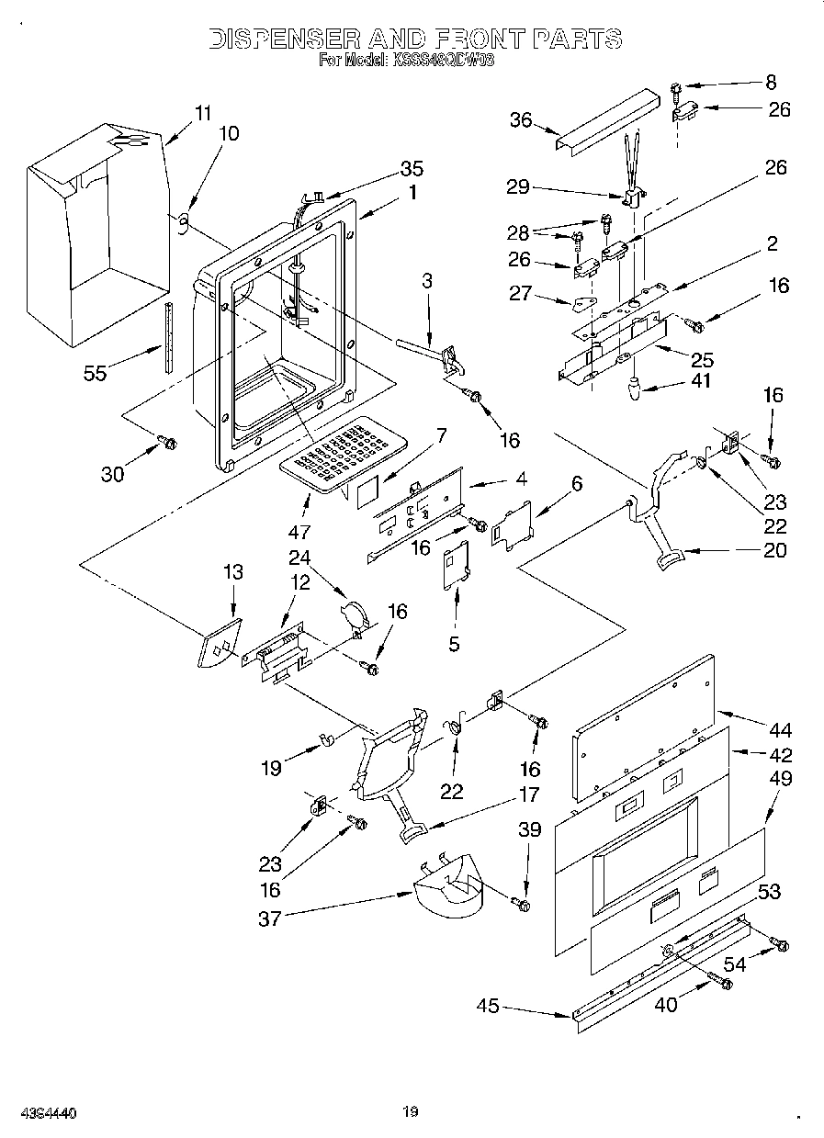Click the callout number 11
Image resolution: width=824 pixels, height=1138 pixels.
pyautogui.click(x=202, y=114)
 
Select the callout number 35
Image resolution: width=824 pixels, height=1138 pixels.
pyautogui.click(x=412, y=169)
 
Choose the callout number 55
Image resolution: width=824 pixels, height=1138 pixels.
pyautogui.click(x=95, y=372)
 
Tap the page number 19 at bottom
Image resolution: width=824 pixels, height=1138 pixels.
pyautogui.click(x=411, y=1112)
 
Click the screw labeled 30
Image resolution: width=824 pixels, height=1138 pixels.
pyautogui.click(x=168, y=444)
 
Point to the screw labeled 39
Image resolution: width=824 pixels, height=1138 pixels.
pyautogui.click(x=525, y=906)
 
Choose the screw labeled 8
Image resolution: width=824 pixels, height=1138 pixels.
pyautogui.click(x=677, y=90)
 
